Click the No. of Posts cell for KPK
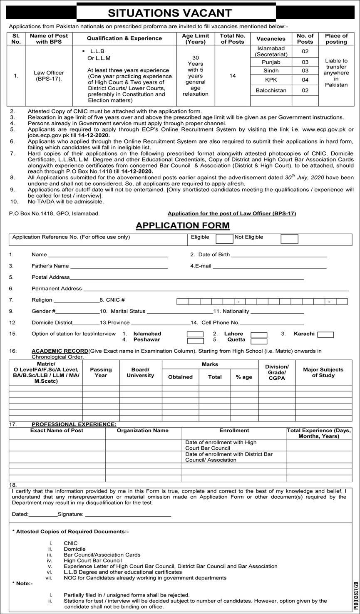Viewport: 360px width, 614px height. [x=305, y=80]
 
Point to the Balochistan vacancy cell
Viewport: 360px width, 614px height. [x=271, y=90]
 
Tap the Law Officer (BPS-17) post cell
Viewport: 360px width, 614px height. [x=49, y=76]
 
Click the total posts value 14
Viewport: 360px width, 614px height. [x=233, y=76]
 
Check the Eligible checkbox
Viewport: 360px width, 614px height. [x=224, y=239]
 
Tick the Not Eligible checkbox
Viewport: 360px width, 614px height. [x=289, y=239]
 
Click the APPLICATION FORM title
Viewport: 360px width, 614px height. [x=183, y=225]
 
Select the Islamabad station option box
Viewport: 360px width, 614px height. [x=195, y=334]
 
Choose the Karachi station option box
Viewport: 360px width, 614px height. [x=325, y=334]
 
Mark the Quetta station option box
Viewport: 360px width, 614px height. [x=259, y=341]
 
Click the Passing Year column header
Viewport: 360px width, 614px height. [x=101, y=372]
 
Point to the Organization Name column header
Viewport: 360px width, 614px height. [x=143, y=431]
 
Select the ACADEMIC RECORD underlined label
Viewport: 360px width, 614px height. [x=60, y=351]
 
